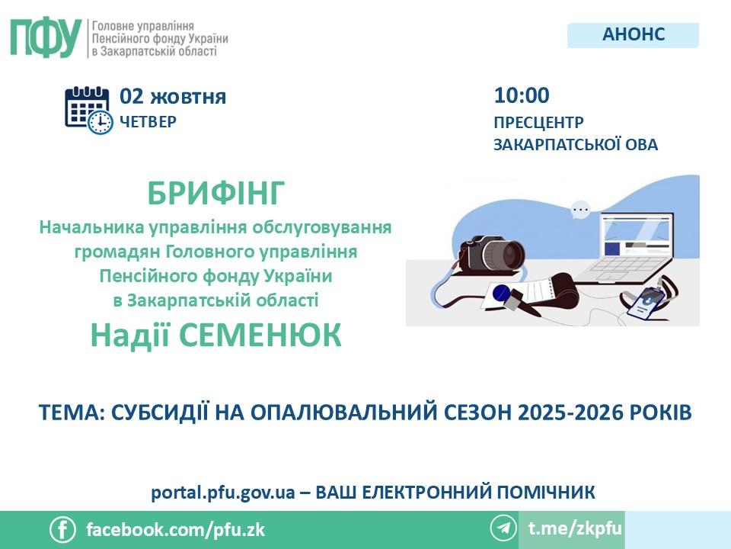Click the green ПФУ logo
click(45, 38)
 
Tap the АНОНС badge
click(633, 34)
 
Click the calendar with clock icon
click(88, 110)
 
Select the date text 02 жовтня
click(173, 97)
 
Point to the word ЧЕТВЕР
click(148, 122)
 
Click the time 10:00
click(522, 96)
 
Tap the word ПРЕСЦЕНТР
click(538, 122)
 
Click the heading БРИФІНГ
click(215, 193)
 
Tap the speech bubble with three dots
click(580, 210)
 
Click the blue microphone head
click(502, 293)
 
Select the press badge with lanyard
click(649, 300)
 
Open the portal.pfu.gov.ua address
click(223, 493)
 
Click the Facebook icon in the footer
click(62, 530)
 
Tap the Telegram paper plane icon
click(503, 528)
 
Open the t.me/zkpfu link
click(576, 528)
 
